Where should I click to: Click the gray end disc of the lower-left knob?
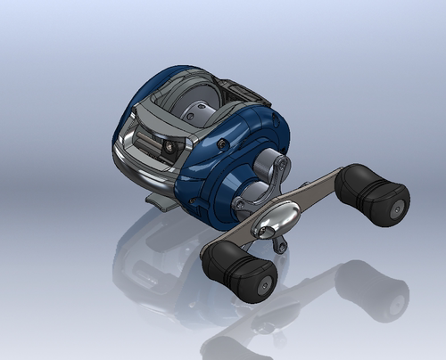click(x=264, y=285)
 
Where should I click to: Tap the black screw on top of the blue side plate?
click(x=220, y=143)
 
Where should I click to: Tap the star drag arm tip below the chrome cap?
click(x=281, y=246)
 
